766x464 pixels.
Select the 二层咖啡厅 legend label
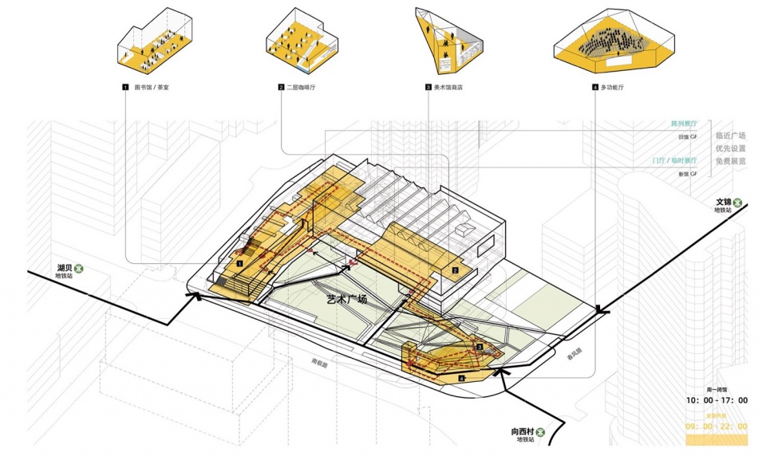point(301,86)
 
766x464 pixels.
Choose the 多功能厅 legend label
point(614,86)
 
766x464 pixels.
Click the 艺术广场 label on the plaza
point(347,300)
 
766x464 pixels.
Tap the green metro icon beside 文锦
point(739,203)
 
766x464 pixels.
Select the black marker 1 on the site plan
point(239,260)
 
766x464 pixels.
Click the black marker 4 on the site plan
point(463,378)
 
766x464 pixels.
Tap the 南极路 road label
point(320,361)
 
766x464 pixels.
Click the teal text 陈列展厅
point(684,125)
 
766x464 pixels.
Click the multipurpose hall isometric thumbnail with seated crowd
point(611,44)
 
